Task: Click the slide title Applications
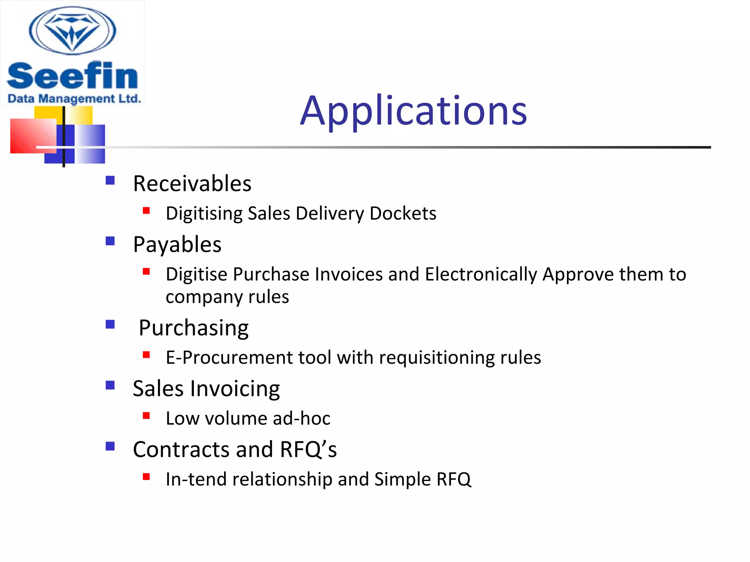(x=413, y=110)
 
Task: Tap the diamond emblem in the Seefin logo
(x=73, y=31)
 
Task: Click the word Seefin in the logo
(x=72, y=76)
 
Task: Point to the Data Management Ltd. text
(x=74, y=99)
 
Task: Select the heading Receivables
(x=192, y=183)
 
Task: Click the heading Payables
(x=177, y=244)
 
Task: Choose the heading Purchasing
(x=194, y=327)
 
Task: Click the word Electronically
(x=481, y=274)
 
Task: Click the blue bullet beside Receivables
(x=110, y=180)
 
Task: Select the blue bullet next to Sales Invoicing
(x=110, y=385)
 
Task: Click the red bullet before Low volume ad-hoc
(x=146, y=416)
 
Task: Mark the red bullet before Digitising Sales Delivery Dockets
(x=146, y=210)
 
